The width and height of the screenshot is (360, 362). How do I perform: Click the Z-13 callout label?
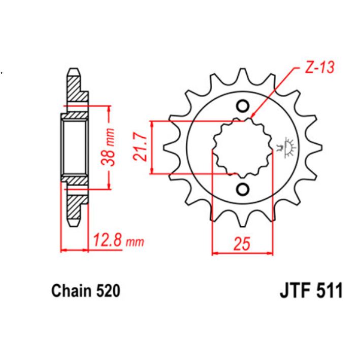[x=319, y=68]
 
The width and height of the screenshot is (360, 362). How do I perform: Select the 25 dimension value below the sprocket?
[x=242, y=245]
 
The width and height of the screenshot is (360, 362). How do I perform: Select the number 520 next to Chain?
[x=108, y=291]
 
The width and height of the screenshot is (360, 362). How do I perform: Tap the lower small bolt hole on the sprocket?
[x=242, y=190]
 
